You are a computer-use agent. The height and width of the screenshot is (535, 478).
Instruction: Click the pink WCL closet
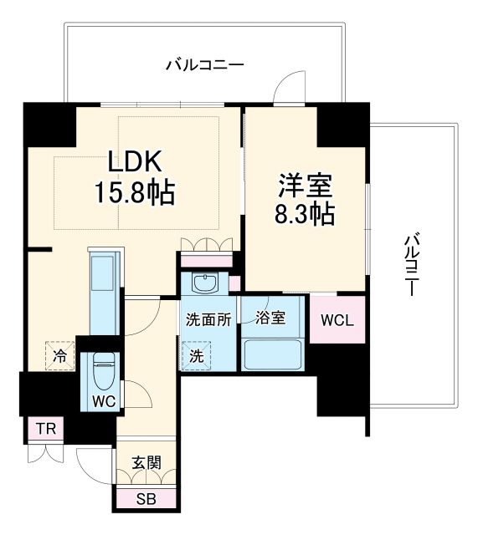[337, 320]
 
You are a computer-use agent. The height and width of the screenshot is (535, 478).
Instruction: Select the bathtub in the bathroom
[272, 354]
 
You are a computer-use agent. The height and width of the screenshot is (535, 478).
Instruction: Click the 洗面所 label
[208, 318]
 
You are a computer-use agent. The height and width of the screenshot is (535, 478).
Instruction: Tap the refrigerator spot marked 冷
[59, 354]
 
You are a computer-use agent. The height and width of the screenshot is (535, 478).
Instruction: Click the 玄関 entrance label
[146, 463]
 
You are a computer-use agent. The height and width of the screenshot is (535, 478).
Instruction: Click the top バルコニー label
[204, 64]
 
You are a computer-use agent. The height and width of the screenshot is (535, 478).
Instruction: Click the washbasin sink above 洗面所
[203, 283]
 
